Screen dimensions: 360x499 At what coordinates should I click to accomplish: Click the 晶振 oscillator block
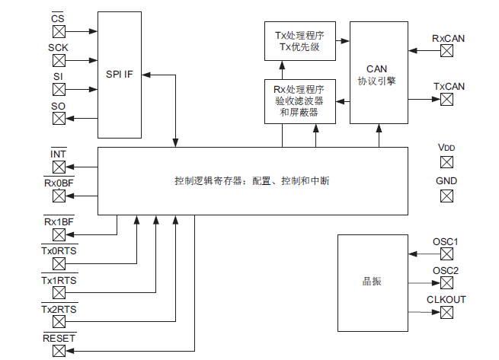[371, 282]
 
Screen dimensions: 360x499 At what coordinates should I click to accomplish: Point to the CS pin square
[59, 31]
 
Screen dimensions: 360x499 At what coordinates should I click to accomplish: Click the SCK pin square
[59, 60]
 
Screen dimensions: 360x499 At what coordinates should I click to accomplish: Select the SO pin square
[59, 118]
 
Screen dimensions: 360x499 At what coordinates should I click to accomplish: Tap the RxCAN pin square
[447, 51]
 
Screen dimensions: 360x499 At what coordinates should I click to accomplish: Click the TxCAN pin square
[447, 99]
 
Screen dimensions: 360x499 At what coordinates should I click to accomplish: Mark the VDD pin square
[447, 161]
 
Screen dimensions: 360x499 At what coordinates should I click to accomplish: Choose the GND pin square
[447, 196]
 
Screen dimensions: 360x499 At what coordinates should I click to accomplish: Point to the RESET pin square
[59, 350]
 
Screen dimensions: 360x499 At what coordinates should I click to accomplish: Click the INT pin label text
[58, 154]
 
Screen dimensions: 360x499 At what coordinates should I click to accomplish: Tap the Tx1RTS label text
[59, 280]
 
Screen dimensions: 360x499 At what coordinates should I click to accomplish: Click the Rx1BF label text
[58, 221]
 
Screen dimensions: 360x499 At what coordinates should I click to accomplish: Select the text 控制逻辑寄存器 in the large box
[205, 182]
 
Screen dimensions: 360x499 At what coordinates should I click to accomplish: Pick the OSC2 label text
[446, 271]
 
